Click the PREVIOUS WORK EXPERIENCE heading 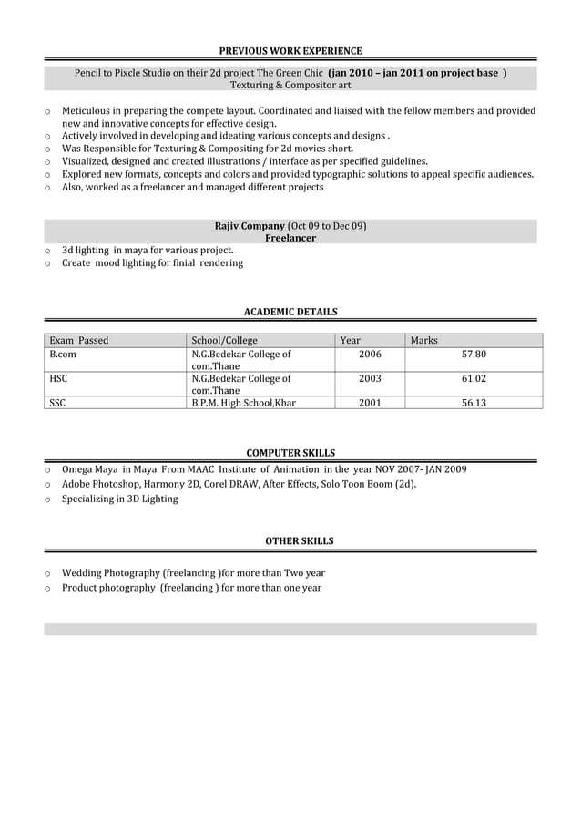coord(290,51)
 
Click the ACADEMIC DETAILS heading coord(290,312)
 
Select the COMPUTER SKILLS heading coord(290,453)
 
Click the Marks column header coord(423,341)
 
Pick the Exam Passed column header coord(78,341)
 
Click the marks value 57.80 coord(474,355)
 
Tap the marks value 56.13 coord(474,402)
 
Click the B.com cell coord(62,355)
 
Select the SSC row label coord(57,402)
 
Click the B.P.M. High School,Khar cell coord(243,402)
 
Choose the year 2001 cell coord(370,402)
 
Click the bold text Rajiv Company coord(250,225)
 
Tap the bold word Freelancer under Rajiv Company coord(290,238)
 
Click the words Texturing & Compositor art coord(290,85)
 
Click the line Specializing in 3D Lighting coord(119,499)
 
